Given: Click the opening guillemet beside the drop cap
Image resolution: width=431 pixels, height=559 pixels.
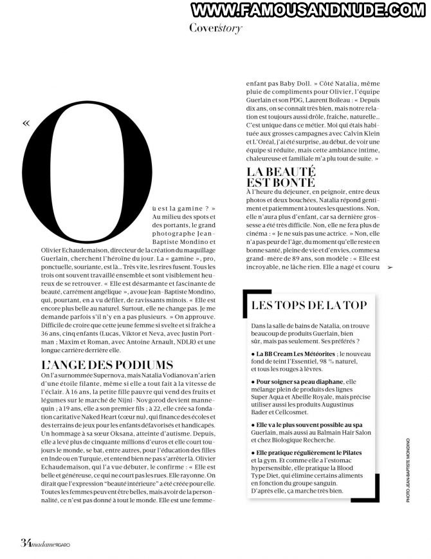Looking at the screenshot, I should point(26,123).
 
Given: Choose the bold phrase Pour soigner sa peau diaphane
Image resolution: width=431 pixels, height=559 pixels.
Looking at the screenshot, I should point(293,382).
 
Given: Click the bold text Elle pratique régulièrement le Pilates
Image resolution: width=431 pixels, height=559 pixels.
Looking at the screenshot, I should point(307,453).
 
